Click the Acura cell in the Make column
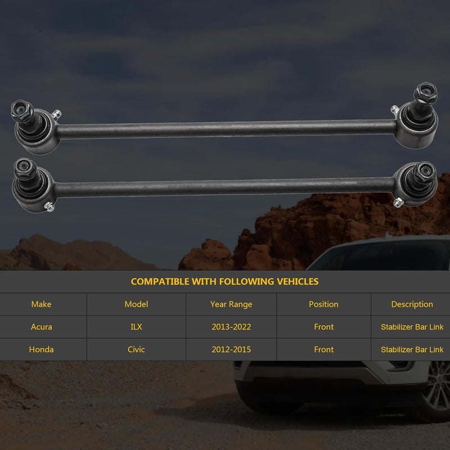(41, 327)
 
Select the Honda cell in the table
(41, 349)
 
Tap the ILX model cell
(136, 327)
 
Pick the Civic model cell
(136, 349)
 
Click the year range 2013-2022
(231, 327)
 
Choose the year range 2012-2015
(231, 349)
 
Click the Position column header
(324, 304)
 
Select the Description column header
(412, 304)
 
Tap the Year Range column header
(231, 304)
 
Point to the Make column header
(41, 304)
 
